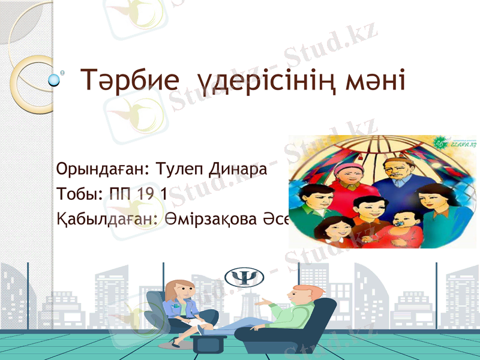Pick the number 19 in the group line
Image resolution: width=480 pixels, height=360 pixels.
pyautogui.click(x=152, y=194)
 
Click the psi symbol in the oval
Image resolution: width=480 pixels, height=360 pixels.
pyautogui.click(x=244, y=277)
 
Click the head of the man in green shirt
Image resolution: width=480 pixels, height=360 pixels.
pyautogui.click(x=301, y=295)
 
